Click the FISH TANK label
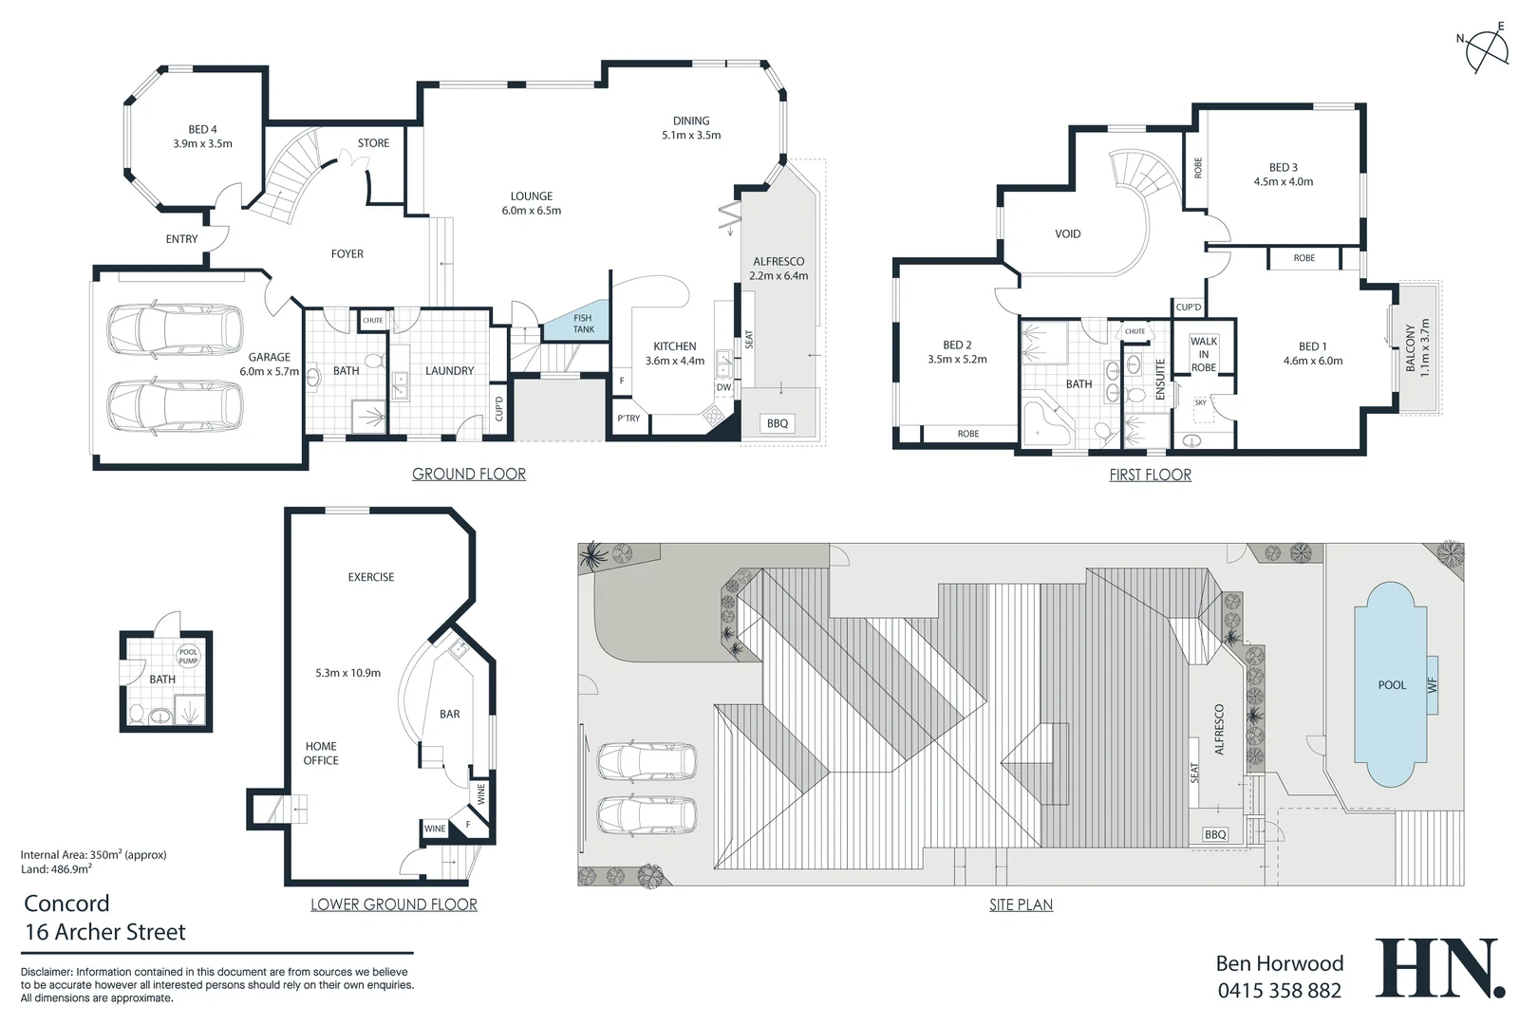(x=583, y=324)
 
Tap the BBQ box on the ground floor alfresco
(x=778, y=423)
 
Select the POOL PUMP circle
(x=188, y=657)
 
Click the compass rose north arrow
(x=1487, y=51)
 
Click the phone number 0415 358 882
(x=1279, y=991)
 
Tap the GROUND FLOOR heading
(x=469, y=474)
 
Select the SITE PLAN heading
(x=1021, y=904)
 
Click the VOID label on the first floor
(x=1068, y=234)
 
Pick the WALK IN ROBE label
(x=1204, y=354)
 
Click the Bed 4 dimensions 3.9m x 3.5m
(x=202, y=144)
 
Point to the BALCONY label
(x=1410, y=348)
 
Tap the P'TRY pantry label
(x=628, y=419)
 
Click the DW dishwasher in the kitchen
(x=723, y=387)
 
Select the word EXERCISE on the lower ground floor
(x=371, y=577)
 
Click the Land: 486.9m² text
(x=56, y=869)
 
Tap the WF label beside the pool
(x=1433, y=685)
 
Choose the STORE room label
(x=373, y=142)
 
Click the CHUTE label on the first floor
(x=1135, y=331)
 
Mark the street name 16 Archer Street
(x=105, y=932)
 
